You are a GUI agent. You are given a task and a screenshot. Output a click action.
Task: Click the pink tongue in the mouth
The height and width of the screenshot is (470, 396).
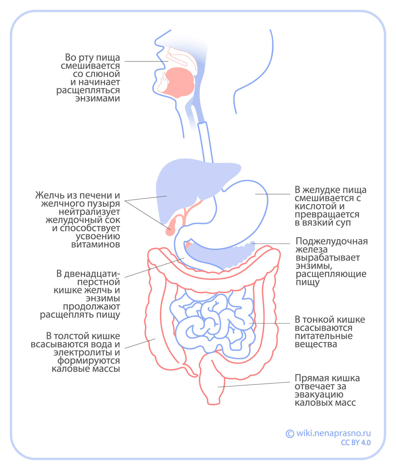179,82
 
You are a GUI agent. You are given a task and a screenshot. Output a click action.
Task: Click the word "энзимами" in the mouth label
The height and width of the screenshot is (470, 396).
97,98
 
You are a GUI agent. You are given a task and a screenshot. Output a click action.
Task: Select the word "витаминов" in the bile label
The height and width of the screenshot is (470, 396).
96,244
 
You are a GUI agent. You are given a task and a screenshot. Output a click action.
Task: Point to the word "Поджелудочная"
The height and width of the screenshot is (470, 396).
331,241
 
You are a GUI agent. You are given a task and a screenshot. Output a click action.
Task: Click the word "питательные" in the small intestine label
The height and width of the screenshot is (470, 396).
323,336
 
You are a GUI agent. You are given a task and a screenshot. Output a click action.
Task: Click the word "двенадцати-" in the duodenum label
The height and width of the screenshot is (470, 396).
92,274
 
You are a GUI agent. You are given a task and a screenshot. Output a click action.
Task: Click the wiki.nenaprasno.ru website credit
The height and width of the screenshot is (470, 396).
334,433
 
